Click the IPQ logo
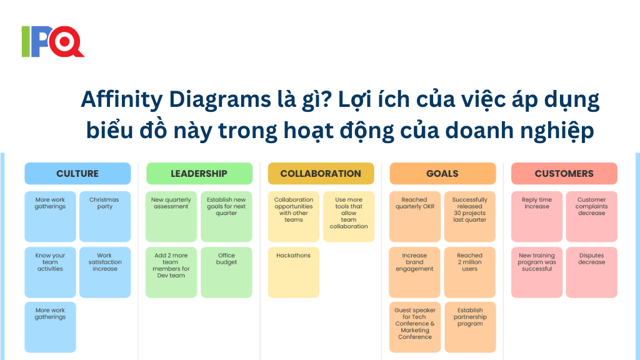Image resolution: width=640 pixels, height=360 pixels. click(x=52, y=41)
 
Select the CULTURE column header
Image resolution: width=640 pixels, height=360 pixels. click(x=77, y=174)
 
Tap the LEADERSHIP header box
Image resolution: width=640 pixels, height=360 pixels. click(x=199, y=174)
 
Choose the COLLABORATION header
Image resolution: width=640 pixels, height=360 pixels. click(x=321, y=174)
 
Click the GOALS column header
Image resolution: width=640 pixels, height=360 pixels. click(x=442, y=174)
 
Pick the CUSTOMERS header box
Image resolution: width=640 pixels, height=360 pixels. click(x=564, y=174)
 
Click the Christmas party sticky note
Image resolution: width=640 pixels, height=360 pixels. click(x=105, y=216)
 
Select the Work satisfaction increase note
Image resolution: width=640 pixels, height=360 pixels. click(x=105, y=272)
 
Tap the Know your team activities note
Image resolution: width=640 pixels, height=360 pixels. click(x=50, y=272)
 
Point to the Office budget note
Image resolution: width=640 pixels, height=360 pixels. click(x=226, y=272)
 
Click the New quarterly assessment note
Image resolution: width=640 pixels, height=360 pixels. click(x=171, y=216)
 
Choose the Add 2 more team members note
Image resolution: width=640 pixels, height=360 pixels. click(x=171, y=272)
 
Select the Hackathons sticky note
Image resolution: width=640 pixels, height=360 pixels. click(x=294, y=272)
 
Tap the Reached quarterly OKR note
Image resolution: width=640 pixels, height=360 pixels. click(x=415, y=216)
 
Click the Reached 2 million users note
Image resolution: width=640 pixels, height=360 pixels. click(x=470, y=272)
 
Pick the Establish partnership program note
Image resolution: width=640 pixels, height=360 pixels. click(x=470, y=327)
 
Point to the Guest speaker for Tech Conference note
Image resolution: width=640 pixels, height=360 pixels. click(x=415, y=327)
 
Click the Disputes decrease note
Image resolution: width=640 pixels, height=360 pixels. click(x=591, y=272)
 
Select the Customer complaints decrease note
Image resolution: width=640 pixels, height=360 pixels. click(x=591, y=216)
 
